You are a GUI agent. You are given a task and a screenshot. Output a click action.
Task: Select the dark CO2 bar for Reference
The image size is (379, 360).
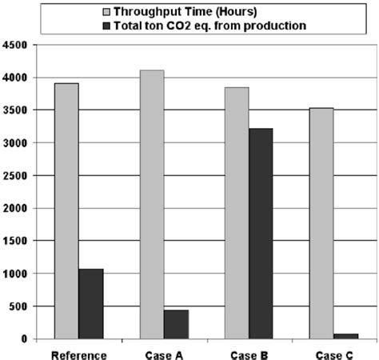tap(90, 304)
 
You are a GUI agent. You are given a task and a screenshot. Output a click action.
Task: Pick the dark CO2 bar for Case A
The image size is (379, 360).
tap(176, 324)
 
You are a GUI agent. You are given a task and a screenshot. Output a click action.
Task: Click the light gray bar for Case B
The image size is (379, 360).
tap(237, 213)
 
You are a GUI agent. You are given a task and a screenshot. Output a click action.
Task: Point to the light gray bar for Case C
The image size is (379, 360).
tap(321, 223)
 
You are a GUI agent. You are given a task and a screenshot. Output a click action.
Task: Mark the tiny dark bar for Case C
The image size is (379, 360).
tap(345, 336)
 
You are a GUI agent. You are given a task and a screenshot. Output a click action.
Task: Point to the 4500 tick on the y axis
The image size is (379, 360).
tap(17, 46)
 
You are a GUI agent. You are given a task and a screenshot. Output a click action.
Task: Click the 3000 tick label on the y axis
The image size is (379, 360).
tap(17, 143)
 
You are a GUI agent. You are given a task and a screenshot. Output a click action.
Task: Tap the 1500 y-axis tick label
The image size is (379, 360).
tap(17, 241)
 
